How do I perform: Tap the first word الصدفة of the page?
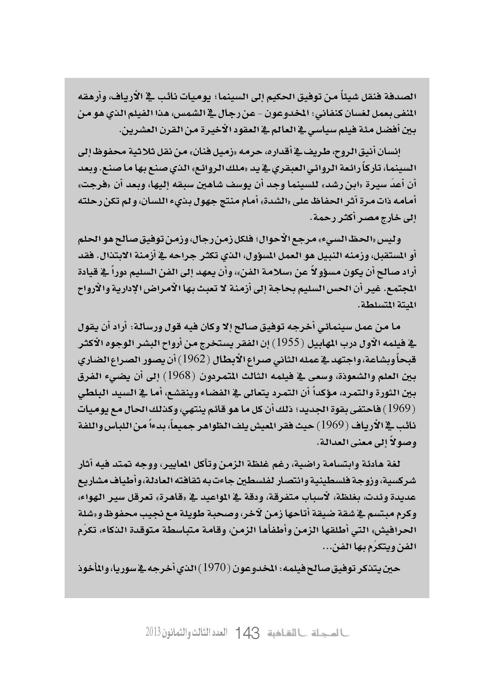(403, 97)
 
